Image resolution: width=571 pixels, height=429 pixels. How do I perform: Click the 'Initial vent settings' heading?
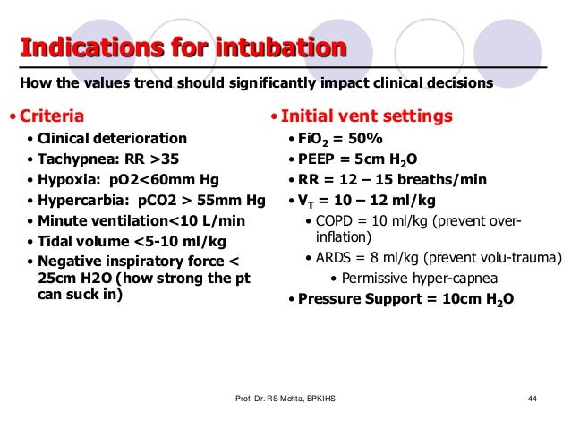[x=371, y=116]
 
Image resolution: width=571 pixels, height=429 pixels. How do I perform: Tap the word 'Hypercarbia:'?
[x=81, y=201]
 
